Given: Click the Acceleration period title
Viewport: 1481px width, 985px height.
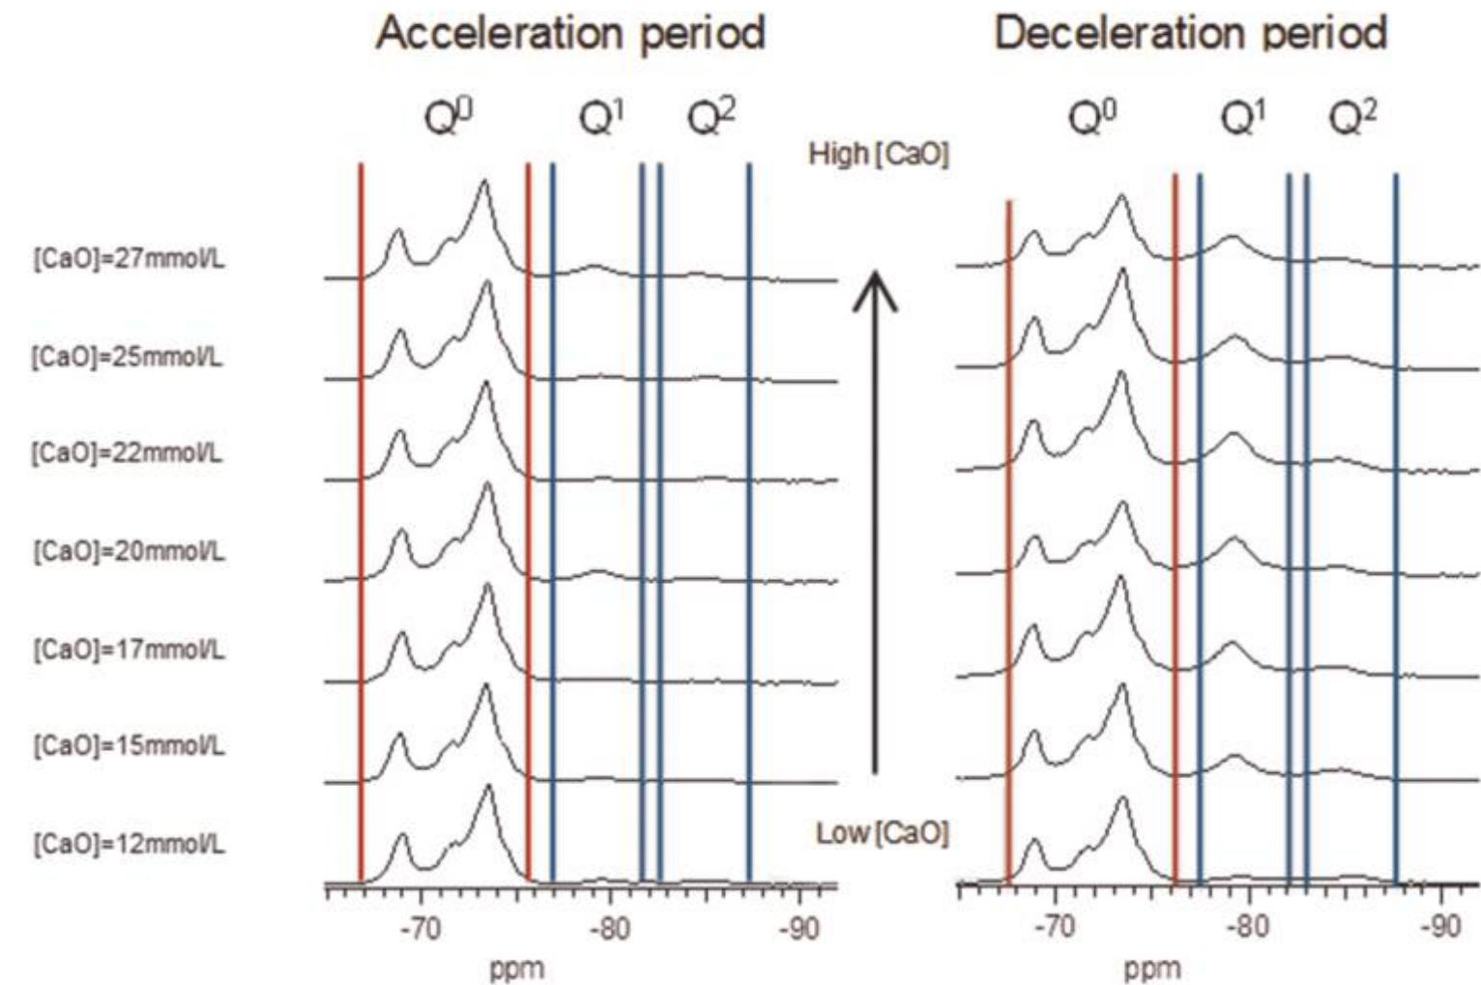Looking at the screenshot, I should coord(570,34).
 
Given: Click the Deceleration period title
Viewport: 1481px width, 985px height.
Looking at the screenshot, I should coord(1190,34).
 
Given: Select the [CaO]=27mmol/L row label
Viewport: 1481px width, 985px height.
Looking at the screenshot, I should coord(130,259).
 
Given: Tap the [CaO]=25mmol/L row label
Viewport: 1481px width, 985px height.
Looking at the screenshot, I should coord(128,357).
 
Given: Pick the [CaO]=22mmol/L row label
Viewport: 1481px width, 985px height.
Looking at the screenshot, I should coord(128,452).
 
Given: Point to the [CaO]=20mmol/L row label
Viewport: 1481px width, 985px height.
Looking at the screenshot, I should coord(130,551).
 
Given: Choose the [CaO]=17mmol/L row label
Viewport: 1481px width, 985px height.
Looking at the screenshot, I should coord(130,649).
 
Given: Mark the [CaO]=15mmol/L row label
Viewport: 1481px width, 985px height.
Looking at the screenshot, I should coord(130,746).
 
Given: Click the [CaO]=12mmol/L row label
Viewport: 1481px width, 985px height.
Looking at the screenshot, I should coord(130,844).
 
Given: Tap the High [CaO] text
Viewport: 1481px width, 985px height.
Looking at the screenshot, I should coord(879,154).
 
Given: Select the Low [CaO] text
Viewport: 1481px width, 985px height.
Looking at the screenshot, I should coord(882,833).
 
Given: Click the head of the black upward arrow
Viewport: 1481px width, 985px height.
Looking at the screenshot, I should coord(875,285).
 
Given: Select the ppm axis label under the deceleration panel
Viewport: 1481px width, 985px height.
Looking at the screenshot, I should coord(1152,968).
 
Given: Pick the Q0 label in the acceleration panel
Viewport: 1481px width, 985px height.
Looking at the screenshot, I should coord(449,118).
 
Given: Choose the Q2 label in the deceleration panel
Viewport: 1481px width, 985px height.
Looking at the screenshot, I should coord(1352,118).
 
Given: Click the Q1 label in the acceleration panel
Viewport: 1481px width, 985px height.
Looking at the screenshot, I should coord(601,118).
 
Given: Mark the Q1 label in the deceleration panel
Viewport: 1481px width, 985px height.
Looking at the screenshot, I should coord(1243,118).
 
